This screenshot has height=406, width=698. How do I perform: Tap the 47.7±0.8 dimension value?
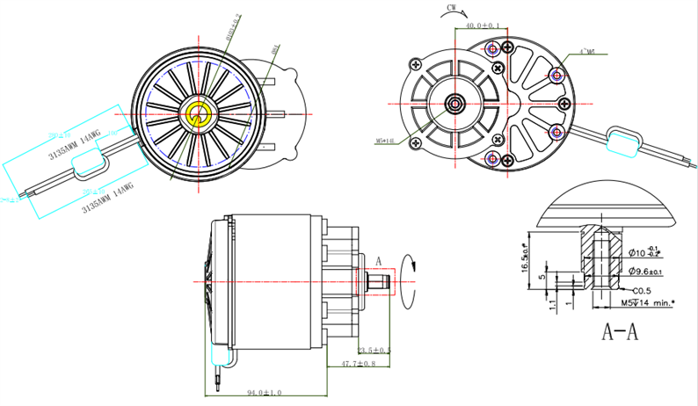[x=359, y=363]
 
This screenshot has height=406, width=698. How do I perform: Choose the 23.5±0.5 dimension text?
[x=374, y=350]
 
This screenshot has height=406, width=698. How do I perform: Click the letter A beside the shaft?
[x=379, y=261]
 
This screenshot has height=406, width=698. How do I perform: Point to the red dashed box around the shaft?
[x=377, y=280]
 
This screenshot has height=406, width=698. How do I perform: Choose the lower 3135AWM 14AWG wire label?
[x=106, y=199]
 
